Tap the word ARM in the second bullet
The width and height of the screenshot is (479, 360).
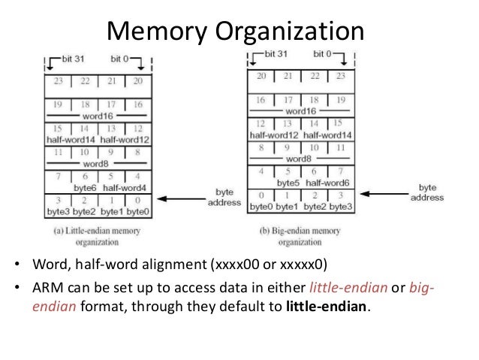pos(44,290)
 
